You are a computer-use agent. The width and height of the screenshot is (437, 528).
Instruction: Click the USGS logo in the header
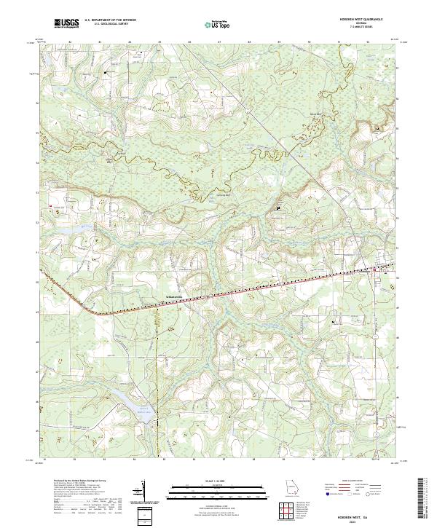[x=66, y=23]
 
